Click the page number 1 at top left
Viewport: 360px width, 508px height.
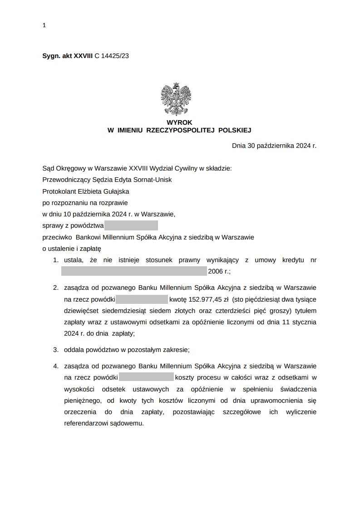coord(44,26)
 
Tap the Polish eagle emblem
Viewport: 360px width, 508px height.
coord(176,99)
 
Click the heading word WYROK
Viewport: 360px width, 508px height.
coord(179,122)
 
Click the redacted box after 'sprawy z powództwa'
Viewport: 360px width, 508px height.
coord(131,225)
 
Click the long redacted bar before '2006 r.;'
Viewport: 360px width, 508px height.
coord(134,272)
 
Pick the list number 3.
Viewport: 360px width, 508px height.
coord(55,350)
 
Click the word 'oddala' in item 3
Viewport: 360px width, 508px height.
coord(74,350)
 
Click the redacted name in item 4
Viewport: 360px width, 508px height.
coord(146,377)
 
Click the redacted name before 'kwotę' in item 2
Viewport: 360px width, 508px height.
coord(142,299)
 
